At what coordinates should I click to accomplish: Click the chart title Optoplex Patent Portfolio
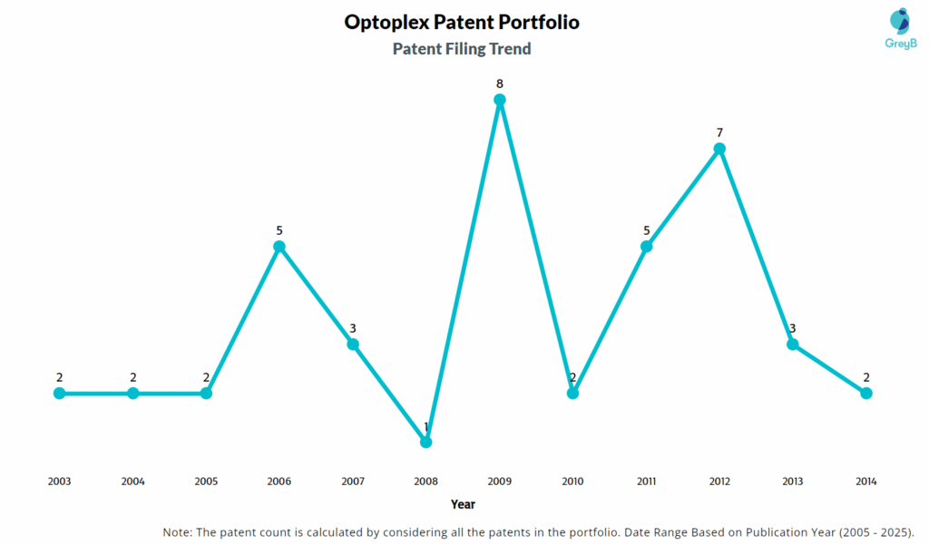(462, 22)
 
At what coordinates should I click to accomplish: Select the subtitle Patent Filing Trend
(462, 49)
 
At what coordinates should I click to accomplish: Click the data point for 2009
(499, 100)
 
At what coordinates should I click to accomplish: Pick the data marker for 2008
(426, 442)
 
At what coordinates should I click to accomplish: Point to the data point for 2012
(719, 149)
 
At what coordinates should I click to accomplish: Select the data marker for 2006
(279, 247)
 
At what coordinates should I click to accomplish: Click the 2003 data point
(60, 393)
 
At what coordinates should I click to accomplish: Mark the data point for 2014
(865, 393)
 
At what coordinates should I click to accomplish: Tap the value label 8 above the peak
(499, 83)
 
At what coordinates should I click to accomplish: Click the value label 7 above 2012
(719, 132)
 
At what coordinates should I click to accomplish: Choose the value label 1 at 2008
(426, 426)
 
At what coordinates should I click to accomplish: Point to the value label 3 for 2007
(353, 328)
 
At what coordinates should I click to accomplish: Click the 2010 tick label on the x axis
(572, 482)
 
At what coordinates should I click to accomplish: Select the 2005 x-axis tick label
(206, 482)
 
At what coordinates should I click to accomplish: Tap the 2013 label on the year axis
(792, 482)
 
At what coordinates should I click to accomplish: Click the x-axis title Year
(463, 504)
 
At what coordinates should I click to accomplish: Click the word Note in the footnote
(178, 531)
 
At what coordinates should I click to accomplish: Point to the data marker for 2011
(646, 247)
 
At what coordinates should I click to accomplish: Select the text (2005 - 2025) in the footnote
(867, 531)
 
